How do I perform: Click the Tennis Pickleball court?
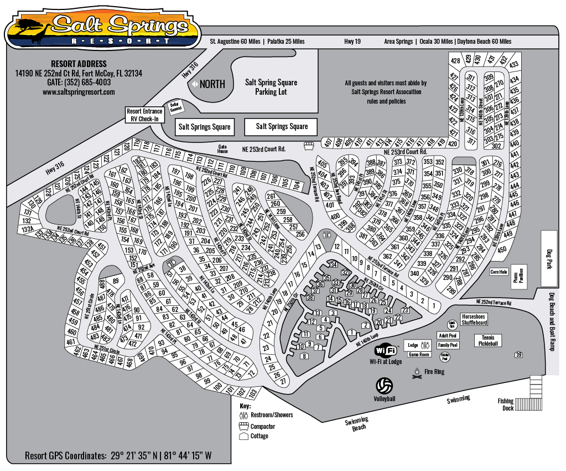tap(487, 340)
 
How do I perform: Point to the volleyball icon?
tap(384, 385)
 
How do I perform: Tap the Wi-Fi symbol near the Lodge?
tap(387, 350)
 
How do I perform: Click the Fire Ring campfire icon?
tap(417, 375)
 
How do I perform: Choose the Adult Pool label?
tap(447, 335)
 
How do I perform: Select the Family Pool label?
tap(447, 345)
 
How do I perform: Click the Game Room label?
tap(419, 355)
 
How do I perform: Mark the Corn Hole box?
tap(499, 272)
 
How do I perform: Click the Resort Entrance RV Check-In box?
tap(144, 114)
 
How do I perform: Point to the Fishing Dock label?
tap(505, 405)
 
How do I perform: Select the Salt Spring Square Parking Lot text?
tap(271, 87)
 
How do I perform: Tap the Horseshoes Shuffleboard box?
tap(470, 319)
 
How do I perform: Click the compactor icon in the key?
tap(243, 426)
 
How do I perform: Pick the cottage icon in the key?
tap(243, 436)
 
